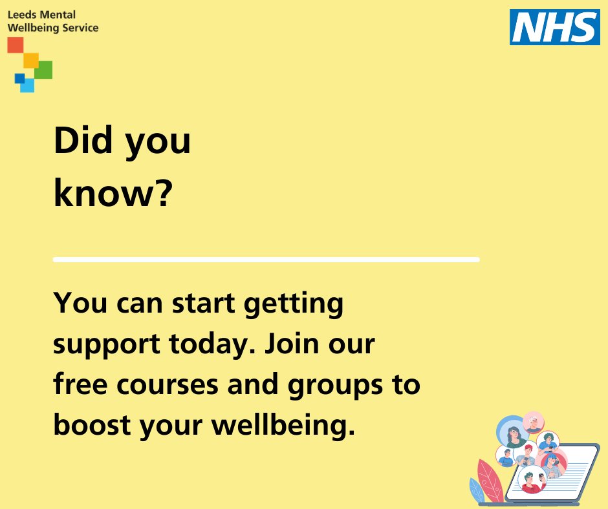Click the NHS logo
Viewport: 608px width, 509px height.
tap(554, 27)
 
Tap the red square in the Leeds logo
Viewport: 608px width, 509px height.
tap(15, 45)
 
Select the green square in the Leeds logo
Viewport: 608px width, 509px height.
tap(43, 69)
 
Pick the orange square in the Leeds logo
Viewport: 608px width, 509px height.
tap(30, 59)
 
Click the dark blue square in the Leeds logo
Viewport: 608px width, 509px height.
tap(19, 78)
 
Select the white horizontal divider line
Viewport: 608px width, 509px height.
tap(266, 260)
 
